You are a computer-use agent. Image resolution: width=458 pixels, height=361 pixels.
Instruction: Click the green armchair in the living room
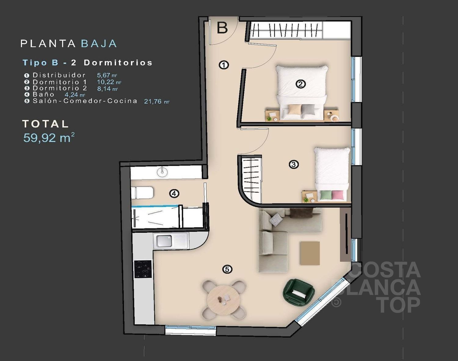click(299, 292)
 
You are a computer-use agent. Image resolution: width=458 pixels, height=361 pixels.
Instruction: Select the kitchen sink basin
click(164, 241)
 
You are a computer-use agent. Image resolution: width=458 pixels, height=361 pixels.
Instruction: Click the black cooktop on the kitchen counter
click(143, 269)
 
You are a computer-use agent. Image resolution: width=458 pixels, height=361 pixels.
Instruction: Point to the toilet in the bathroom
click(142, 193)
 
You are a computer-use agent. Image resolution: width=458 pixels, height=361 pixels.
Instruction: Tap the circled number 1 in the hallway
click(224, 65)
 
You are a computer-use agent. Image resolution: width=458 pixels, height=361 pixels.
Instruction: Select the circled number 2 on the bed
click(300, 84)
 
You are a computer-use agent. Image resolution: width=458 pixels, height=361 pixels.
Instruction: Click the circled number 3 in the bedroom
click(294, 164)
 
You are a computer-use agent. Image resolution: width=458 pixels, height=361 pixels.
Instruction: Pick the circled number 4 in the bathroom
click(174, 194)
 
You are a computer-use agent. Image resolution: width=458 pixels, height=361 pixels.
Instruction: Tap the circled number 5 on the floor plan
click(227, 269)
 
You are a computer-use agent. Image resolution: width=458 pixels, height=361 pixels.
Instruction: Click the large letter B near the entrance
click(222, 28)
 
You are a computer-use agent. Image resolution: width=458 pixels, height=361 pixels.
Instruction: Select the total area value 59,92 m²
click(49, 137)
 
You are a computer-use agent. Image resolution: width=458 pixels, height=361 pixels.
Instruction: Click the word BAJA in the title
click(99, 43)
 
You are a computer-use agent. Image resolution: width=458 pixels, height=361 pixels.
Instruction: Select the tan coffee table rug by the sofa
click(310, 253)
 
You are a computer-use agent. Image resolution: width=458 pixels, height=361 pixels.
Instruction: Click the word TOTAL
click(45, 124)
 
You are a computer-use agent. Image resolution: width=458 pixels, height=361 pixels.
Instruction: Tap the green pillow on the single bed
click(326, 195)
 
